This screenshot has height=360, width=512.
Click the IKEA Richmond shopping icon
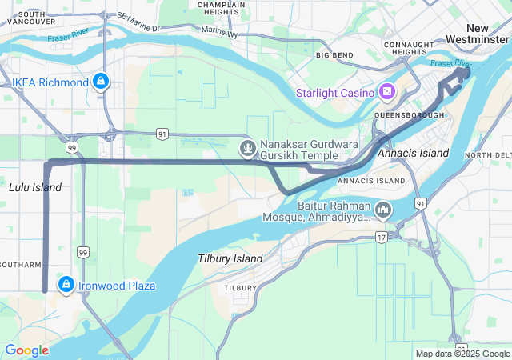(101, 82)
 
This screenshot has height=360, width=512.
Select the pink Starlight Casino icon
(387, 93)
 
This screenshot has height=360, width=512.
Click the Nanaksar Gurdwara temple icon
(248, 148)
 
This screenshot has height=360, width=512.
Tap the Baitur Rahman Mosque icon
(383, 210)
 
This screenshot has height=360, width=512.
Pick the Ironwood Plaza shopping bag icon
(66, 285)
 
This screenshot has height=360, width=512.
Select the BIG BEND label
(334, 55)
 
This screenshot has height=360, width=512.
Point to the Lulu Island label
(34, 187)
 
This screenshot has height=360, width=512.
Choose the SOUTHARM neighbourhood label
(20, 264)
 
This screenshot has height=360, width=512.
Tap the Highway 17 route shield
(382, 237)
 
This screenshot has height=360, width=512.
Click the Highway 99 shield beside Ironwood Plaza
(83, 253)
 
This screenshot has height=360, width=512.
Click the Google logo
(27, 350)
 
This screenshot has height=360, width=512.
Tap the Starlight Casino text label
(335, 93)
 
